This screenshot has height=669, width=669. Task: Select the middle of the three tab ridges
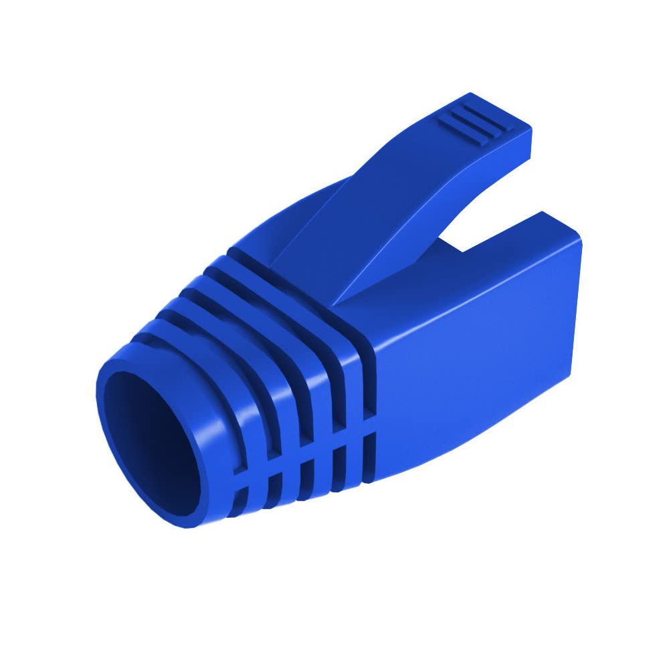click(x=472, y=121)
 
